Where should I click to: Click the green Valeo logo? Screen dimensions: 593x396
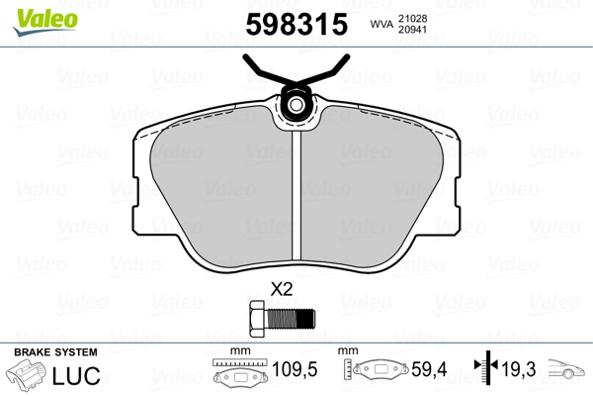[x=45, y=22]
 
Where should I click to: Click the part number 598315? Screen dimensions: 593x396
[x=296, y=24]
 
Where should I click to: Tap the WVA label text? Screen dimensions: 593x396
[x=381, y=24]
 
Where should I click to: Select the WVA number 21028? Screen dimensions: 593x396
[x=412, y=18]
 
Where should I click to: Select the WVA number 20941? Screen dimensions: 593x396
[x=412, y=30]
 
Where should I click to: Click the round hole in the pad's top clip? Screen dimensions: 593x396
[x=296, y=105]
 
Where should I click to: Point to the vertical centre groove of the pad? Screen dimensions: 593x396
[x=296, y=196]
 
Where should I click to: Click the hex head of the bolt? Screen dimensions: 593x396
[x=258, y=318]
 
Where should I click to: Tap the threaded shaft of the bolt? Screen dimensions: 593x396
[x=291, y=319]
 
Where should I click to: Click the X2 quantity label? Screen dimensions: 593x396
[x=282, y=289]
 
